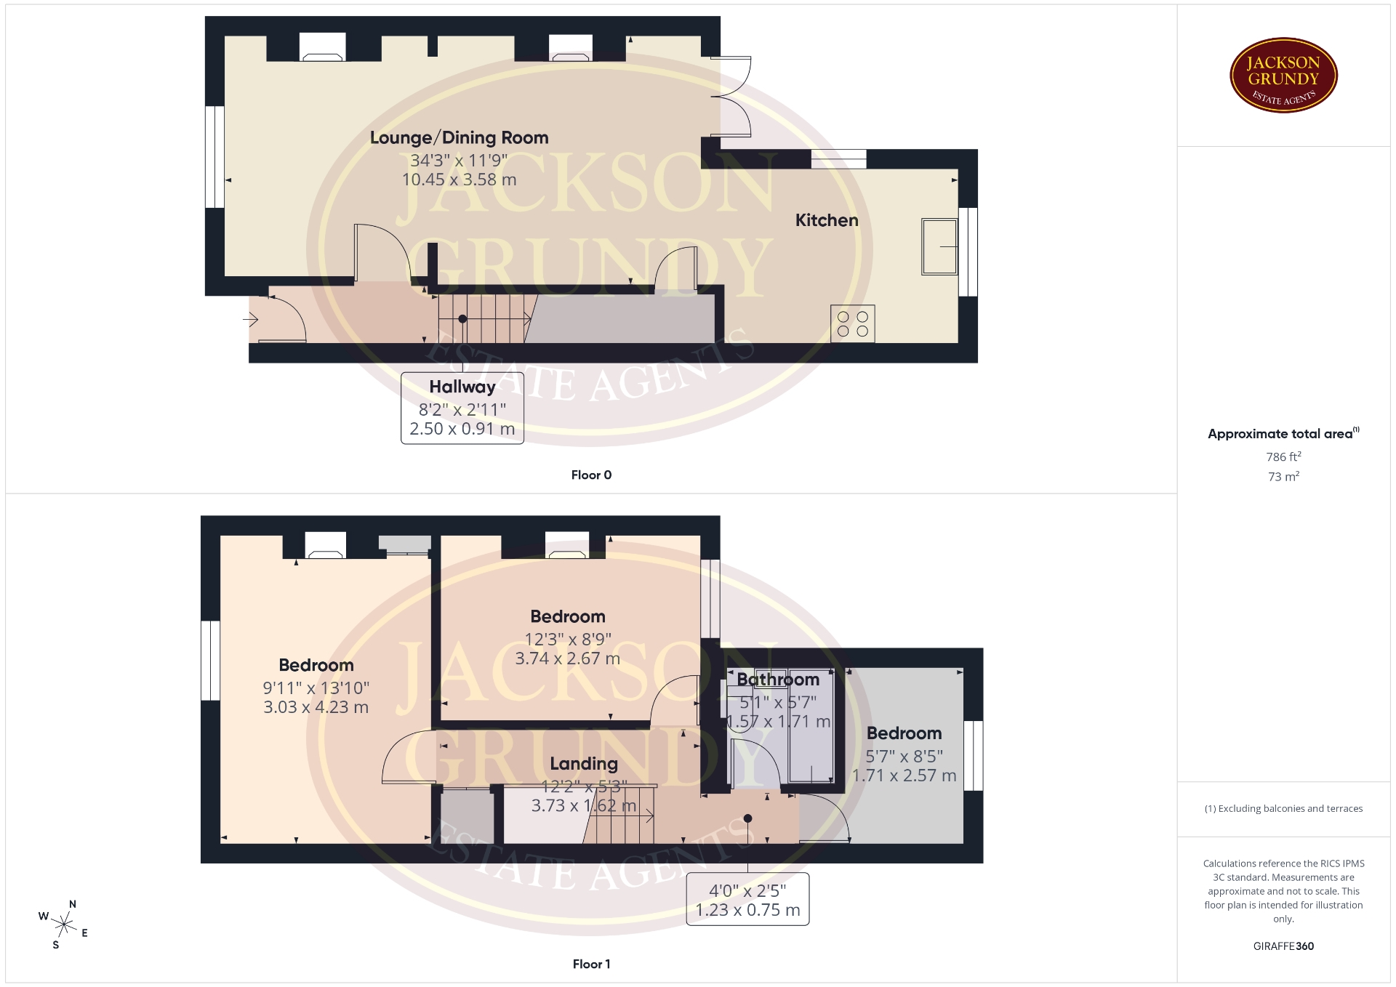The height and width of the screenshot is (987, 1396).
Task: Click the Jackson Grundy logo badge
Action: [1283, 76]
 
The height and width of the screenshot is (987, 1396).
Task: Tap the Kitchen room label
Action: [827, 220]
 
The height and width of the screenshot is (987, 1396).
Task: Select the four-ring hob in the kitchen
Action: [852, 323]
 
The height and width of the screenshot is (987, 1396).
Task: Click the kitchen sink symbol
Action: [939, 246]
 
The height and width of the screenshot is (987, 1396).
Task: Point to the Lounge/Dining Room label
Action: [459, 137]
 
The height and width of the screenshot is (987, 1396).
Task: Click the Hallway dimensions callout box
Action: [462, 408]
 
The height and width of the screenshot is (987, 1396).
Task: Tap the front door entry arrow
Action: [251, 319]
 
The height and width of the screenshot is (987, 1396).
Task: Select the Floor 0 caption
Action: [591, 475]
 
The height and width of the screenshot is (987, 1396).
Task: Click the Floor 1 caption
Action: [591, 964]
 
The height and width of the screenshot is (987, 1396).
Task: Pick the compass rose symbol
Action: [64, 924]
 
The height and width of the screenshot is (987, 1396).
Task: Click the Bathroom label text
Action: [778, 680]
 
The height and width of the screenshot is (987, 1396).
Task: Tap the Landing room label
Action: [584, 763]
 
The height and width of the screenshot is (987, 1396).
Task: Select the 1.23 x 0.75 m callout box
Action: [747, 899]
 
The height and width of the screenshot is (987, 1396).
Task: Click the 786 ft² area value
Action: [1283, 456]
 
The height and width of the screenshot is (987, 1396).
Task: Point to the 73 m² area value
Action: [1283, 476]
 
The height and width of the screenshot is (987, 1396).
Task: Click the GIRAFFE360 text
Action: [1283, 946]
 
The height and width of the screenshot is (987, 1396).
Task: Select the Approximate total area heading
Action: [1283, 433]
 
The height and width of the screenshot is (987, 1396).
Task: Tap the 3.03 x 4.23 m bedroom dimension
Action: [316, 707]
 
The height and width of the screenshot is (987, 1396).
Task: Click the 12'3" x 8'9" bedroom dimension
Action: [568, 639]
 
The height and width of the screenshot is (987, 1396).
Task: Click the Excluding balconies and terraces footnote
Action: [1283, 808]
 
